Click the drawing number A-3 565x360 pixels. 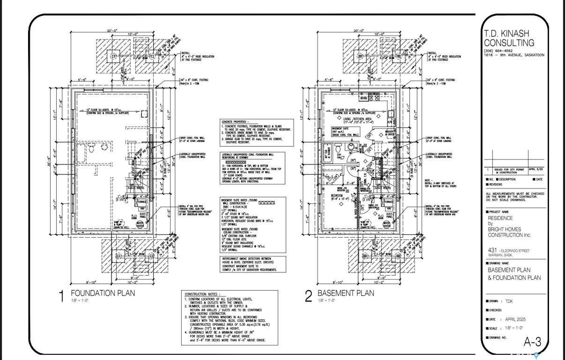[x=532, y=342]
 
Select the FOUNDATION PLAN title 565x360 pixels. [x=103, y=293]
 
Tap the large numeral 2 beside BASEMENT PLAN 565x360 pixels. [x=308, y=296]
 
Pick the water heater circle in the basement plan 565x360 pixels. [x=388, y=225]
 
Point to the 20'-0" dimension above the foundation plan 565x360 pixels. [x=112, y=31]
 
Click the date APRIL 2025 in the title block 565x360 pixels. [x=513, y=319]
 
